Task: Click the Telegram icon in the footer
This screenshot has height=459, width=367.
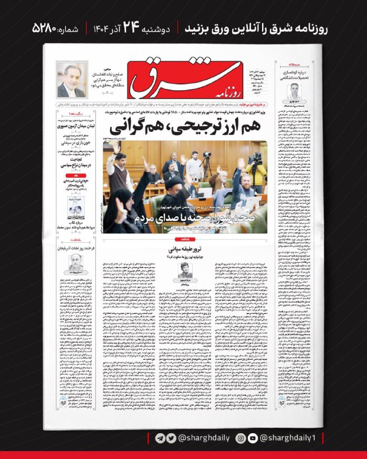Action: click(160, 438)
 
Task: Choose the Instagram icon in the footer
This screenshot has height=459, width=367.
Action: click(242, 438)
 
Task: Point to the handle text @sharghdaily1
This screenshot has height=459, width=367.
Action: click(293, 438)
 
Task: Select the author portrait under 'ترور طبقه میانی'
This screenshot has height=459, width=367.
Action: click(186, 269)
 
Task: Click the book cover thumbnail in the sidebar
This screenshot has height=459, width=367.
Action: click(75, 207)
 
